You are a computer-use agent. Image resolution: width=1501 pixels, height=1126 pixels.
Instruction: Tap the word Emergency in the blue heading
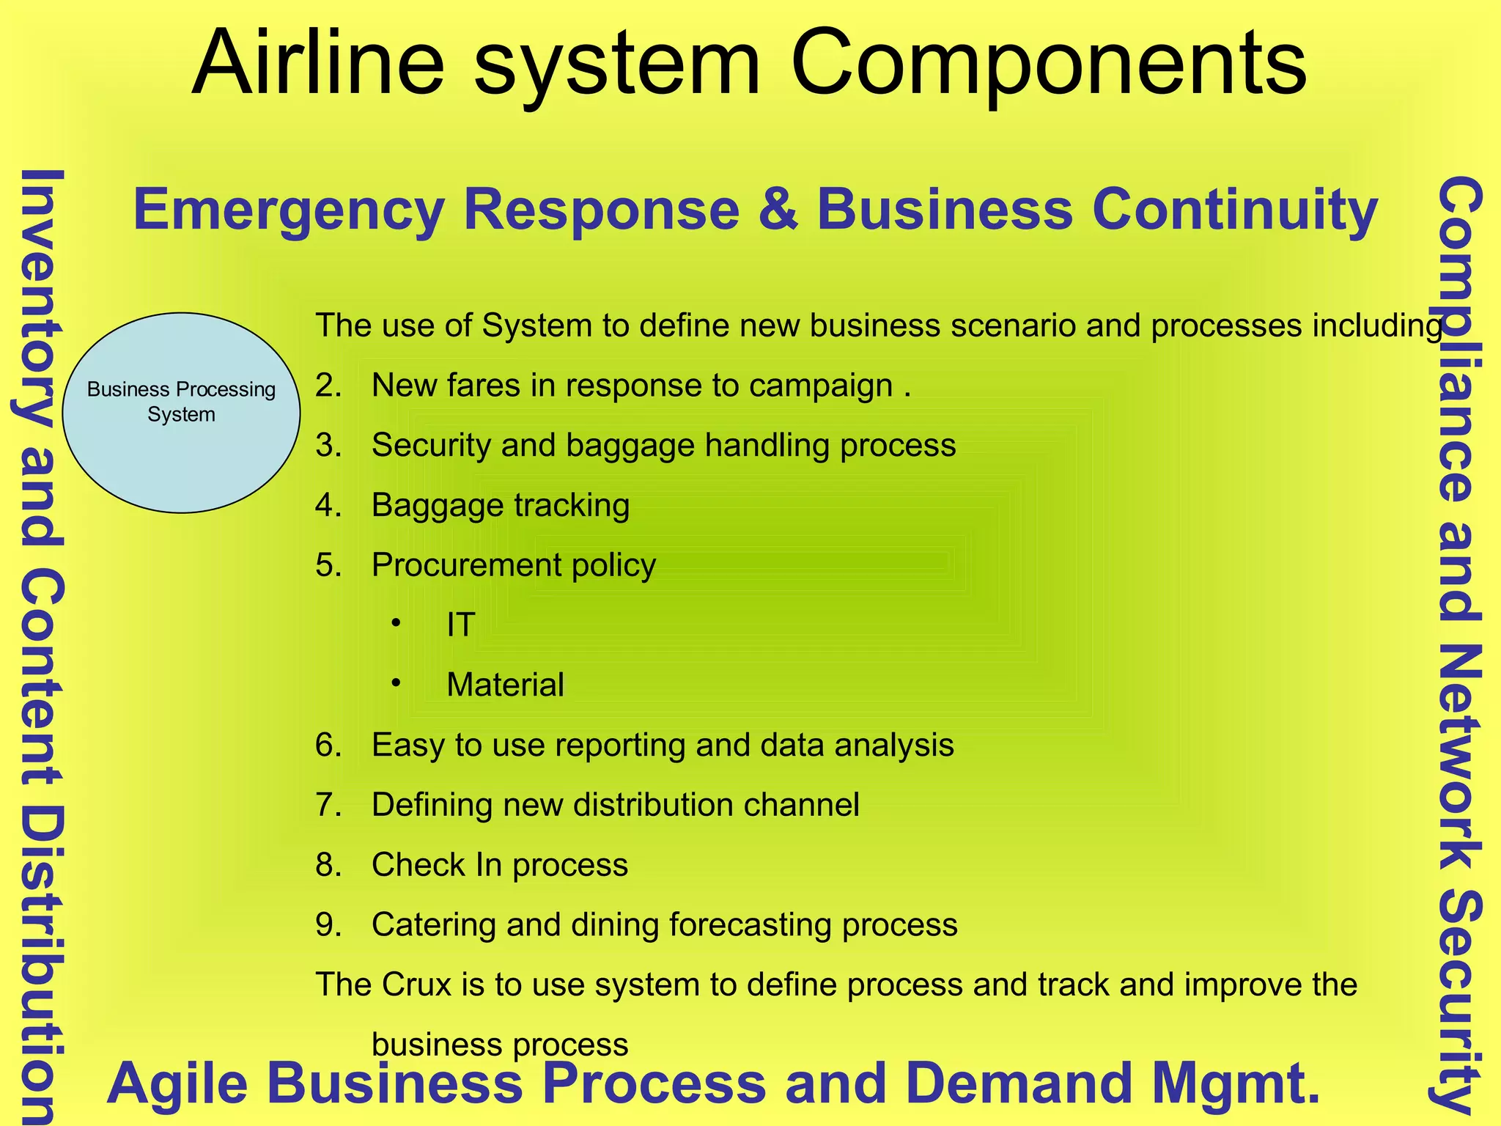pos(289,210)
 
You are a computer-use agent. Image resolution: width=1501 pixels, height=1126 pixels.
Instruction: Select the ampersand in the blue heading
pos(778,210)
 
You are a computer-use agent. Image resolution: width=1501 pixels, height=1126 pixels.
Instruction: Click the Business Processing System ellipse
pos(181,413)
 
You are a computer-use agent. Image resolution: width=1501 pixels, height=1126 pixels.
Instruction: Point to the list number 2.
pos(328,386)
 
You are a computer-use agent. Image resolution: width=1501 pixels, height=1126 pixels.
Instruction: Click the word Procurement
pos(466,566)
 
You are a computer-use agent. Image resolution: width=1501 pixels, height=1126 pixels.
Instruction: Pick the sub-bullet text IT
pos(461,625)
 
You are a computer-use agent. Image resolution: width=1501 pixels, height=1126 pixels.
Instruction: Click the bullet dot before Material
pos(396,682)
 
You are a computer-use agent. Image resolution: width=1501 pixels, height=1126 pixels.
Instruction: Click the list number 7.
pos(328,805)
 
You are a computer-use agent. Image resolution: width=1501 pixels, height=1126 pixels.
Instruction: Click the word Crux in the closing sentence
pos(416,985)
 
